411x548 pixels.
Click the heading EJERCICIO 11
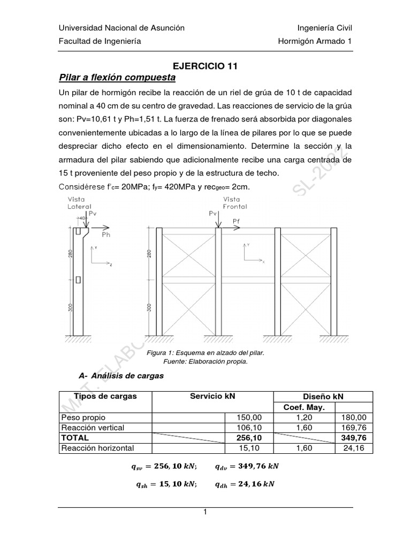pos(205,66)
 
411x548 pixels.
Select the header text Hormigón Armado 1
pos(315,41)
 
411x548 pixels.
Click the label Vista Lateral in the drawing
pos(79,203)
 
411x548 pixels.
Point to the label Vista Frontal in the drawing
pos(235,203)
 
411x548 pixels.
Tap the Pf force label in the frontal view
pos(237,220)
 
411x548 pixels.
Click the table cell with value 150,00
pos(249,417)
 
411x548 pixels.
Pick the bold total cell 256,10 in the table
pos(249,437)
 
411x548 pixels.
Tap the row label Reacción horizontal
pos(97,448)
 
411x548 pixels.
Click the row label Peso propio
pos(83,417)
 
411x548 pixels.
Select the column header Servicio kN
pos(212,396)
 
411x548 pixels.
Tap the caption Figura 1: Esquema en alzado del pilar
pos(205,354)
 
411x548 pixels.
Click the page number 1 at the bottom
pos(205,512)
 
